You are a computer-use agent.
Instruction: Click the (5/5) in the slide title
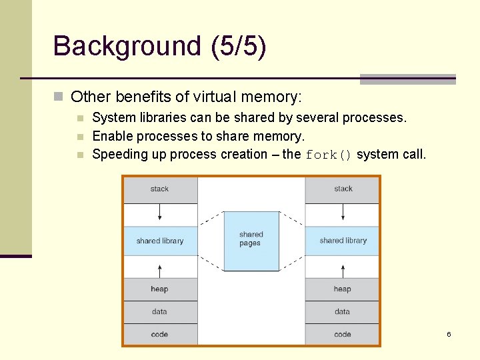[x=238, y=47]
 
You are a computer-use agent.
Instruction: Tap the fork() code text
[x=328, y=155]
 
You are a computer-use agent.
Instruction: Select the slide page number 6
[x=449, y=334]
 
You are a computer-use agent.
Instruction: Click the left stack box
[x=160, y=189]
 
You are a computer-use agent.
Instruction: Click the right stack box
[x=343, y=189]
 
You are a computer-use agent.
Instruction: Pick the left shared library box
[x=160, y=241]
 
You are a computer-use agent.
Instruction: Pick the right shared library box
[x=343, y=241]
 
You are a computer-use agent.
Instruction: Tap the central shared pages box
[x=251, y=240]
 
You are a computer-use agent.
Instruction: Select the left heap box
[x=160, y=289]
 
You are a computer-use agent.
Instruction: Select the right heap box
[x=343, y=289]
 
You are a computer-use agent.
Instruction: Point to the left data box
[x=160, y=311]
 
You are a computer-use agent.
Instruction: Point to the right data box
[x=343, y=311]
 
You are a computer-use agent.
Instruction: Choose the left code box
[x=160, y=334]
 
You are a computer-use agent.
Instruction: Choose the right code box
[x=343, y=334]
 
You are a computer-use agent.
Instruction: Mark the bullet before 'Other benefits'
[x=58, y=97]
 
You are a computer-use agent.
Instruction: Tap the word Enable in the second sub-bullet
[x=112, y=136]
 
